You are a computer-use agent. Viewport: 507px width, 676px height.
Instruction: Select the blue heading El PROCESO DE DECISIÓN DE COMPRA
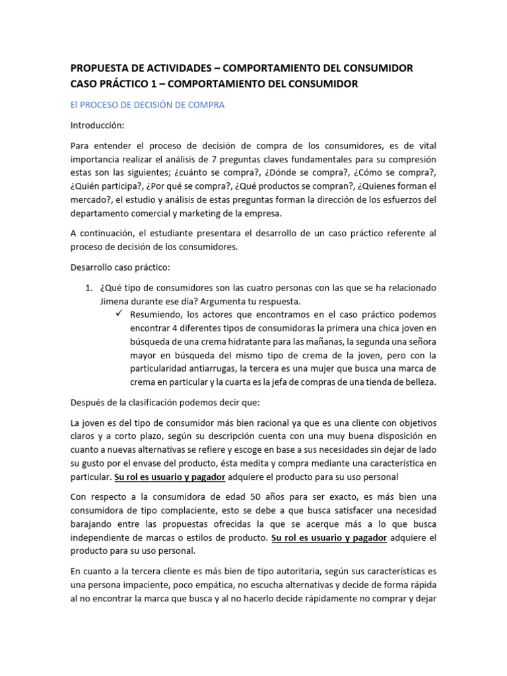pyautogui.click(x=147, y=104)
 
